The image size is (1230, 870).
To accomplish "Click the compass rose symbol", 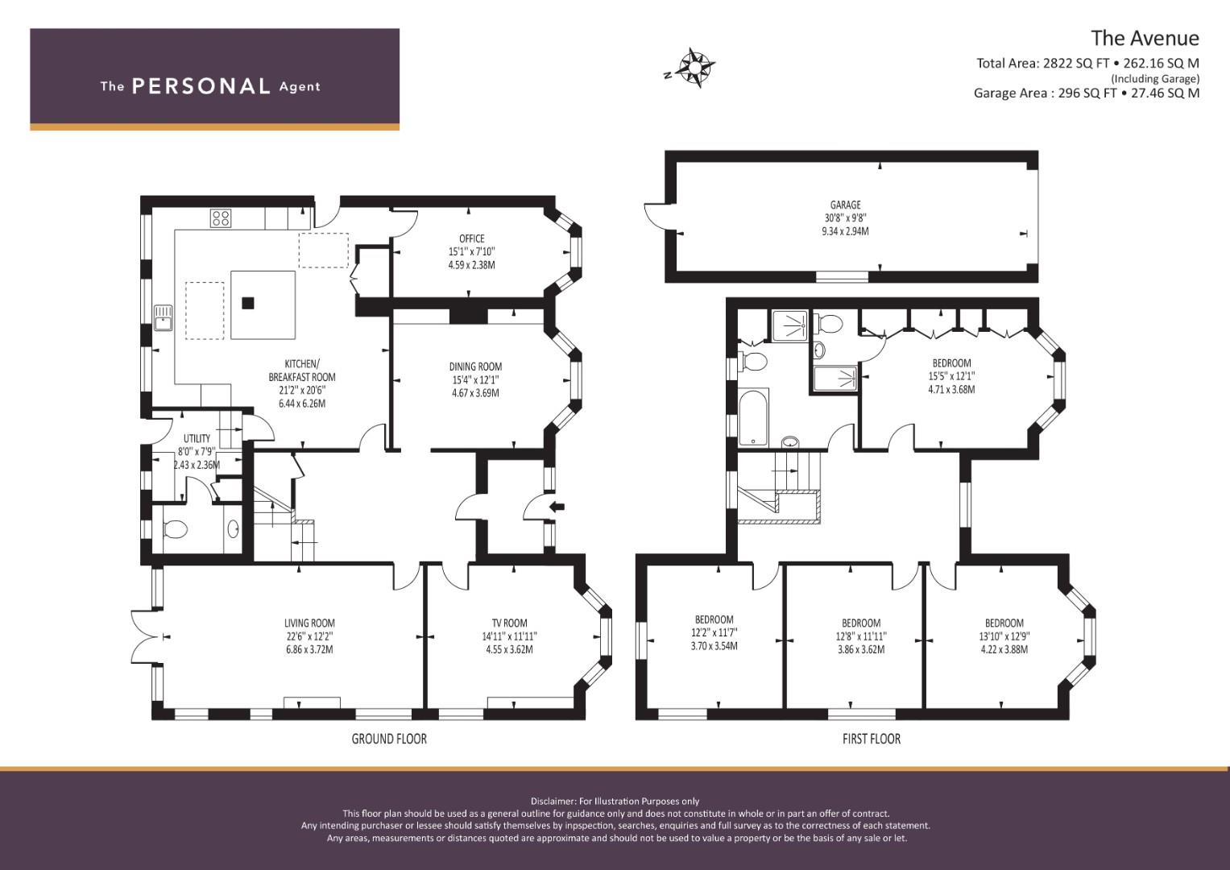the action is click(x=694, y=68).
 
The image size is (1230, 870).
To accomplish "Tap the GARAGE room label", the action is click(x=845, y=205).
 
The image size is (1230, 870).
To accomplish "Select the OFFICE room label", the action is click(x=472, y=238).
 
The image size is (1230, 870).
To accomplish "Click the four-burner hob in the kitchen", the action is click(x=221, y=218).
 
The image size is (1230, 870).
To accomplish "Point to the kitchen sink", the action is click(x=163, y=318).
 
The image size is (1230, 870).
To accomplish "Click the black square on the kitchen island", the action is click(x=249, y=303).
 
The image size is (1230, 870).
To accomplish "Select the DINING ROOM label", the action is click(x=475, y=367).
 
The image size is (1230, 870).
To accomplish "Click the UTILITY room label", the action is click(x=197, y=438).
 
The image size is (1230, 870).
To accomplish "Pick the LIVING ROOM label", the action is click(x=309, y=623).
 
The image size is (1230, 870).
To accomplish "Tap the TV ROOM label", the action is click(x=510, y=623).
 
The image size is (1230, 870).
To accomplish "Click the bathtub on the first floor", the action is click(x=753, y=416).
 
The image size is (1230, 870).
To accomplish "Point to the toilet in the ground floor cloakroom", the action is click(x=176, y=529).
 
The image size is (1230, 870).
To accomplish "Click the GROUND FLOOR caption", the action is click(x=389, y=739).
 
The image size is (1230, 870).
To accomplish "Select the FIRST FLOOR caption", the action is click(x=872, y=739).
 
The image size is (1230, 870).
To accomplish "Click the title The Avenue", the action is click(x=1145, y=38).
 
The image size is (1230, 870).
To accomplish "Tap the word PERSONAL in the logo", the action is click(x=201, y=85).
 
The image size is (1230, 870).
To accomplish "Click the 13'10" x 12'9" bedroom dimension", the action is click(x=1004, y=636).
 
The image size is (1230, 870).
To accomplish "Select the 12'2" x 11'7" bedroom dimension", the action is click(x=714, y=632).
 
